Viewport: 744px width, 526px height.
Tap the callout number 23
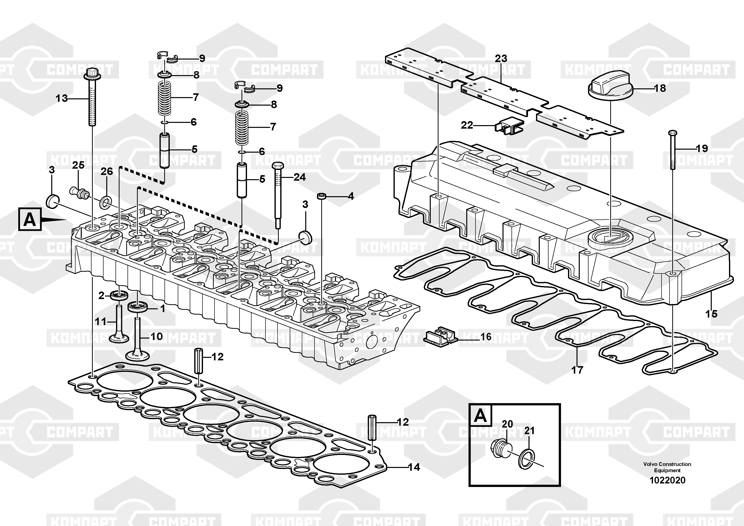point(501,59)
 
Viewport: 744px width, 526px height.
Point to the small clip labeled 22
point(508,126)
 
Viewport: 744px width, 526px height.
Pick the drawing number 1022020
point(667,480)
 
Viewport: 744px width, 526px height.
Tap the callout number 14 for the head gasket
point(414,467)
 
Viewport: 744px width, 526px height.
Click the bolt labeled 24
point(278,195)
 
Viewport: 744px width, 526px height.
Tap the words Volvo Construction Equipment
point(667,467)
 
